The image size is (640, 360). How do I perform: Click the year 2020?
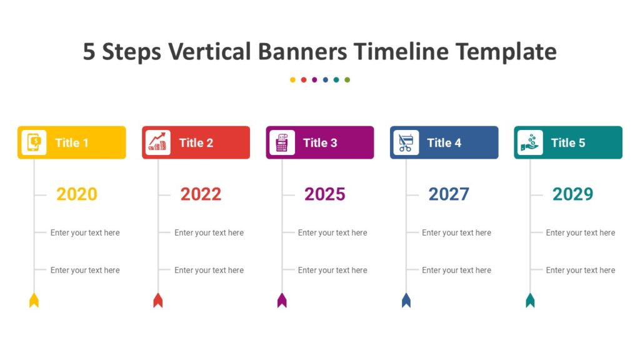pos(77,194)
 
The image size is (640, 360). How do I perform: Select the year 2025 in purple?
pos(324,194)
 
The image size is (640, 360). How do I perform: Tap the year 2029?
pos(572,194)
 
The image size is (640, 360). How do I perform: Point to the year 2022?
pos(201,194)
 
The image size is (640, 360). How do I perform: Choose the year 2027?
pos(449,194)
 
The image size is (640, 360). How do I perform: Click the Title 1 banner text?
pos(72,142)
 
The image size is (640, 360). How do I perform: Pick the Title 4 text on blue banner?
pos(444,142)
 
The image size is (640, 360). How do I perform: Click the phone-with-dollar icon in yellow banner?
pos(34,142)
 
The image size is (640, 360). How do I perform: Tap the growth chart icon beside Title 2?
pos(157,142)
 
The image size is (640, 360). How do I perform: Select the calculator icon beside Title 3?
pos(282,142)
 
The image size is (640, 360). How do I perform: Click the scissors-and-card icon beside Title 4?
pos(406,142)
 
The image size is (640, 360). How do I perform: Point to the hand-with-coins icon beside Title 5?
pos(530,142)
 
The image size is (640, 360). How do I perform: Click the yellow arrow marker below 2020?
pos(34,301)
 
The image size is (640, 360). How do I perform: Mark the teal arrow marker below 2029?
pos(530,301)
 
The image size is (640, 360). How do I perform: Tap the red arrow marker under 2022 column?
pos(157,301)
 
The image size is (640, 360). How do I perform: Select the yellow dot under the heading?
pos(292,80)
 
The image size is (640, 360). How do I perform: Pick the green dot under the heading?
pos(347,80)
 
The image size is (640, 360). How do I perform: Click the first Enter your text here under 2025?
pos(332,232)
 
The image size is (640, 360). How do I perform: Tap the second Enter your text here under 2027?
pos(456,270)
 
